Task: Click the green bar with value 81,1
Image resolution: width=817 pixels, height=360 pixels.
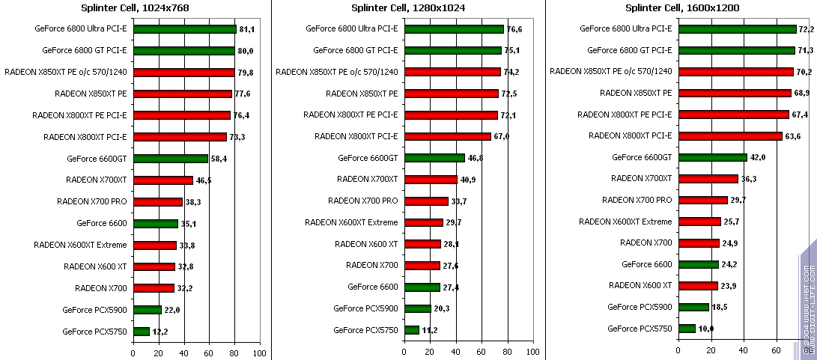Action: tap(184, 29)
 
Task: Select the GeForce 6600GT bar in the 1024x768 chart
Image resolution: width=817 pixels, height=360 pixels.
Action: tap(170, 159)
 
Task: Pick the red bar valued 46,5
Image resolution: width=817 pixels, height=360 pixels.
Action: tap(163, 180)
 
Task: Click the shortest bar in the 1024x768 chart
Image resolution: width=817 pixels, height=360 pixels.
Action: tap(141, 332)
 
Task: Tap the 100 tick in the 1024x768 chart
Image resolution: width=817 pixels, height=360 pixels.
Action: tap(259, 352)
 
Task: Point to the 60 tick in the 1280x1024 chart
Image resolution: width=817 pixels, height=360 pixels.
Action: tap(482, 352)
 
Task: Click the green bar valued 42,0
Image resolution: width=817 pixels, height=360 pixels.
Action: tap(712, 157)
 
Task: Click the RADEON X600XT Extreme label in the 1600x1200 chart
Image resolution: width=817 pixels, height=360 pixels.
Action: tap(626, 222)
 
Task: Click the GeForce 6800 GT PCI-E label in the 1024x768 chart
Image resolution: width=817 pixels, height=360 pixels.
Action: tap(85, 51)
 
